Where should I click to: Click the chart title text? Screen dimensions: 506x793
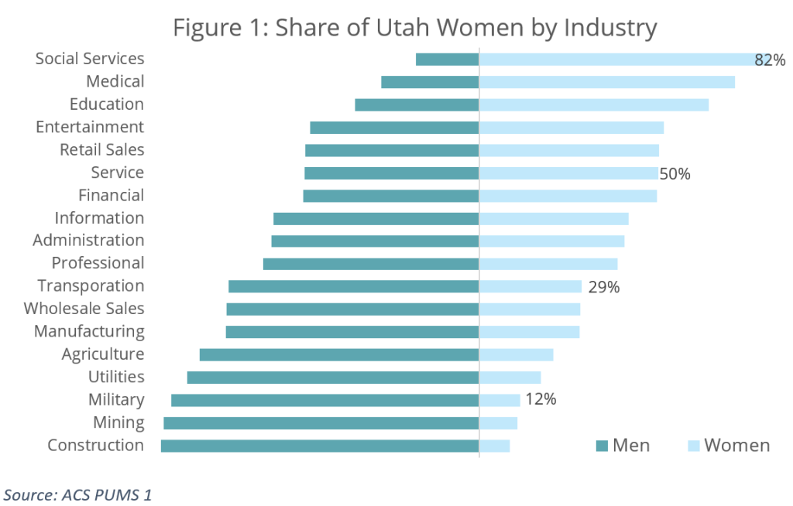(x=414, y=28)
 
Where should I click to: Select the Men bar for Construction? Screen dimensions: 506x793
(x=319, y=446)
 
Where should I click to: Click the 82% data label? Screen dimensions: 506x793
(x=770, y=60)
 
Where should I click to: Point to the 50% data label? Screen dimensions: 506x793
(x=675, y=173)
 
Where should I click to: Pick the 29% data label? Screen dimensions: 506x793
(x=604, y=287)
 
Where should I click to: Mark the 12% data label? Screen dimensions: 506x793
(x=541, y=400)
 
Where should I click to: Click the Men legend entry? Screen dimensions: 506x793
(x=623, y=445)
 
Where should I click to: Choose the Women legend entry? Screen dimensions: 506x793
(x=729, y=445)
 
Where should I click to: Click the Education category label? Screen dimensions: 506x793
(x=107, y=104)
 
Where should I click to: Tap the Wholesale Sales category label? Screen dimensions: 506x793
(x=84, y=309)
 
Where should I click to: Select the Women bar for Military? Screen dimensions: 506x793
(x=499, y=400)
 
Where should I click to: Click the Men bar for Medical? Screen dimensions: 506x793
(x=430, y=82)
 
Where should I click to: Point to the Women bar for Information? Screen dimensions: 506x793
(x=554, y=219)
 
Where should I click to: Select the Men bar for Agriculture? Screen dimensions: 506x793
(x=338, y=354)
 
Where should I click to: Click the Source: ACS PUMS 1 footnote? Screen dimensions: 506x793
(x=77, y=493)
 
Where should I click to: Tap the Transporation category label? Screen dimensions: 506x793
(x=91, y=286)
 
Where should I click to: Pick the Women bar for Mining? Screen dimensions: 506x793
(x=498, y=423)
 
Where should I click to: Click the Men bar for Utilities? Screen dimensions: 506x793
(x=333, y=378)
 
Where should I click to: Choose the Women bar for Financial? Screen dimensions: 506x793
(x=568, y=196)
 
